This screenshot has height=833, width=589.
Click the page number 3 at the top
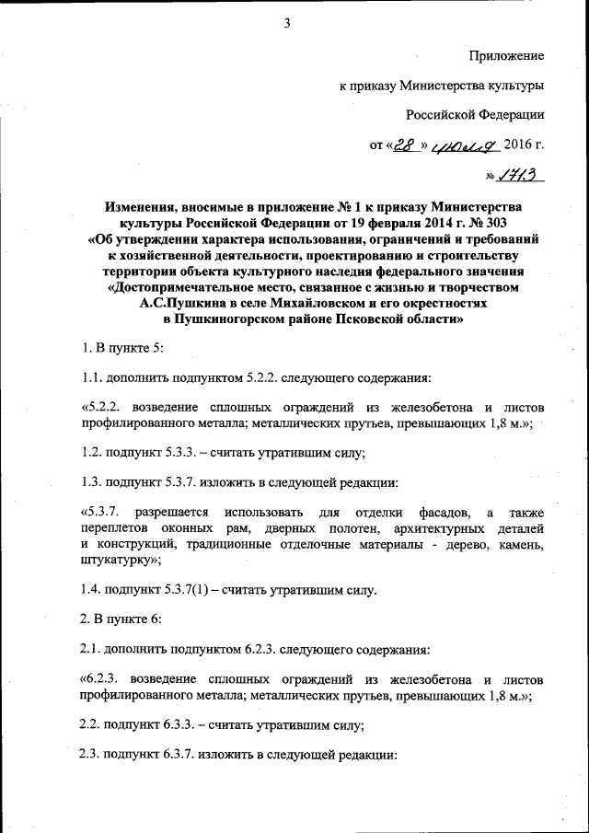pos(287,23)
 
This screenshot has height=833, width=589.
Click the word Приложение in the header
pos(507,56)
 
